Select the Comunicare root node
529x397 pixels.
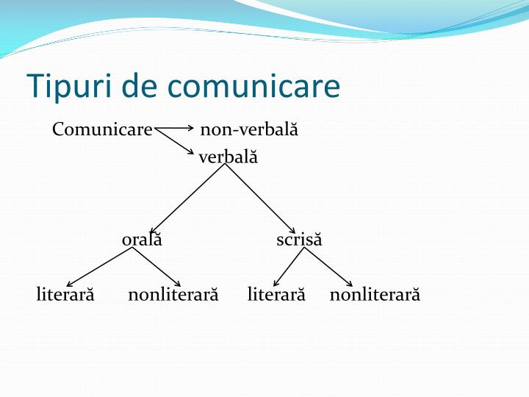pos(102,130)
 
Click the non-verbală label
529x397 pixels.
pos(249,130)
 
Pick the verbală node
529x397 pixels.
pos(228,157)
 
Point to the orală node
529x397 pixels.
pos(142,240)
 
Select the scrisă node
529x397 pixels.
pos(299,240)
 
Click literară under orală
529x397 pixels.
pos(65,295)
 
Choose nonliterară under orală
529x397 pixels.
pos(173,295)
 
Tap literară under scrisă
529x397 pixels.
pos(276,295)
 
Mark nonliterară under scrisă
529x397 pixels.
pos(375,295)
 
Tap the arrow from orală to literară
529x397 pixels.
pos(100,266)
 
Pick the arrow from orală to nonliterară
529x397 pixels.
pos(156,266)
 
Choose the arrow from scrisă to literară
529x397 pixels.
pos(289,266)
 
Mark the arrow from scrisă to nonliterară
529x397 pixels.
pos(328,266)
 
